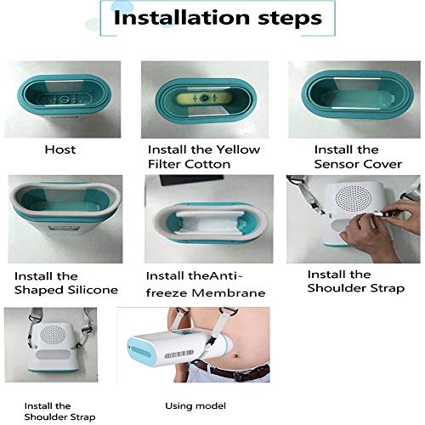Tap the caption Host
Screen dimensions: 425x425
[x=59, y=150]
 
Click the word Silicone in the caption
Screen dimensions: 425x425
[x=89, y=291]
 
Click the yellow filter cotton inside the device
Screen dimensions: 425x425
[x=204, y=99]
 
